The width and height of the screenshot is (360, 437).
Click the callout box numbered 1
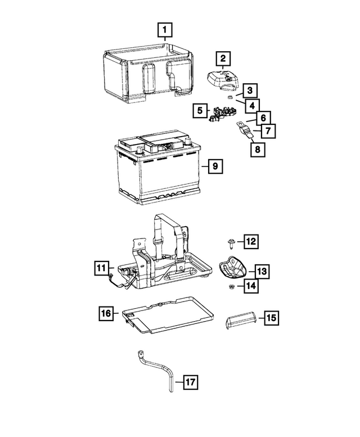tap(164, 29)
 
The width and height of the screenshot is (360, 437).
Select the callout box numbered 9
tap(214, 166)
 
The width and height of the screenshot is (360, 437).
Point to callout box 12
tap(250, 242)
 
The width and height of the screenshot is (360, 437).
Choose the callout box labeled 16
tap(106, 313)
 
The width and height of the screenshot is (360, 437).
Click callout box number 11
tap(100, 268)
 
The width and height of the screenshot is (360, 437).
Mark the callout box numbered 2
tap(223, 58)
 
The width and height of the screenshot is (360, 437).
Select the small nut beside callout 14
tap(231, 286)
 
